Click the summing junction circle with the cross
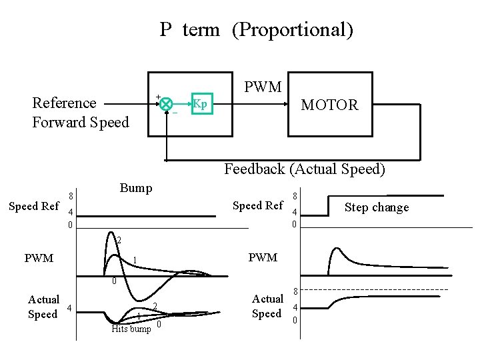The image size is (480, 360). (x=166, y=104)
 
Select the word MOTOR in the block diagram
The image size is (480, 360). (x=329, y=105)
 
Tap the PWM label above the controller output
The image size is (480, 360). (x=263, y=87)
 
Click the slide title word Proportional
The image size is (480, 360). (x=293, y=30)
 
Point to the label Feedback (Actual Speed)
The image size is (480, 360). (x=305, y=169)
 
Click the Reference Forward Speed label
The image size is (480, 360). (x=80, y=112)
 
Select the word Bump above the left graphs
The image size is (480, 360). (x=136, y=188)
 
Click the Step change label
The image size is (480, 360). (x=377, y=207)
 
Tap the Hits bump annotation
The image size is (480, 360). (x=131, y=329)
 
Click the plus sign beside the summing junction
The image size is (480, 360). (x=158, y=97)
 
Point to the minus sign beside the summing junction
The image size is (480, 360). (x=175, y=113)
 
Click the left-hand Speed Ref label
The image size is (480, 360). (x=34, y=207)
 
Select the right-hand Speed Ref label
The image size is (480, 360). (x=258, y=206)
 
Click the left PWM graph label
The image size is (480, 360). (x=39, y=258)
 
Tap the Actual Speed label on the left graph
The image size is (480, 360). (x=43, y=307)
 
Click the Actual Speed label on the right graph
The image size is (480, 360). (x=267, y=306)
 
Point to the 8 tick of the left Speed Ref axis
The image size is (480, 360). (x=70, y=197)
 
